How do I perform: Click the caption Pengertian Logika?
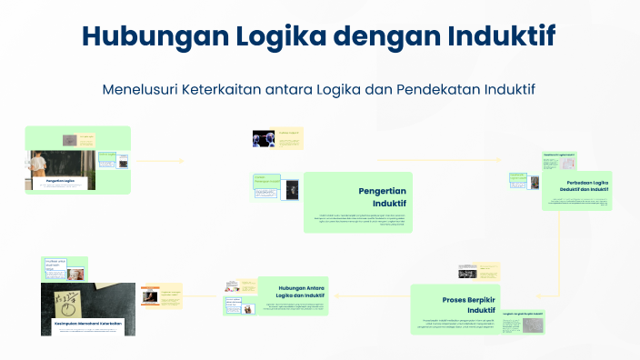(47, 181)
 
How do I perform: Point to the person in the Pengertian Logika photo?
(39, 165)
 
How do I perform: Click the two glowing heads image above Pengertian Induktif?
(264, 138)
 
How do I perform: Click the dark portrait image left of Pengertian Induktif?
(292, 189)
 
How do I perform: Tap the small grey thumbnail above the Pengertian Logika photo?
(69, 140)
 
